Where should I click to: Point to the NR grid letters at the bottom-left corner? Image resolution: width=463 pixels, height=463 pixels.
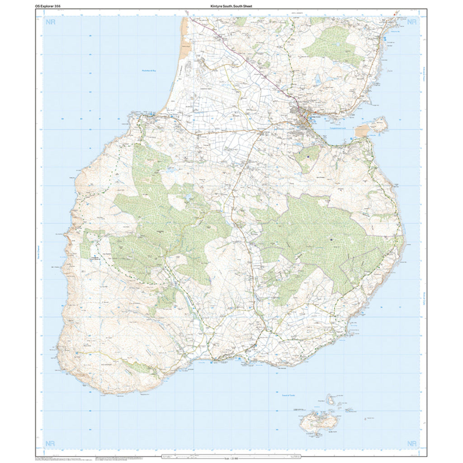(x=50, y=443)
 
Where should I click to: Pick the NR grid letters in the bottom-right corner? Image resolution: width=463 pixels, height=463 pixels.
(x=412, y=443)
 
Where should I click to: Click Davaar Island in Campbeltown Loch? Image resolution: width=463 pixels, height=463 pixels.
(x=379, y=124)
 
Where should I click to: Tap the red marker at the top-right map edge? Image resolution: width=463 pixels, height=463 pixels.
(x=395, y=14)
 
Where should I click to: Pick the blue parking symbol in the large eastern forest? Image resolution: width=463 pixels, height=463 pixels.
(x=332, y=239)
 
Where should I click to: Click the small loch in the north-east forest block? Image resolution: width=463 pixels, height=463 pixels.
(x=337, y=45)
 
